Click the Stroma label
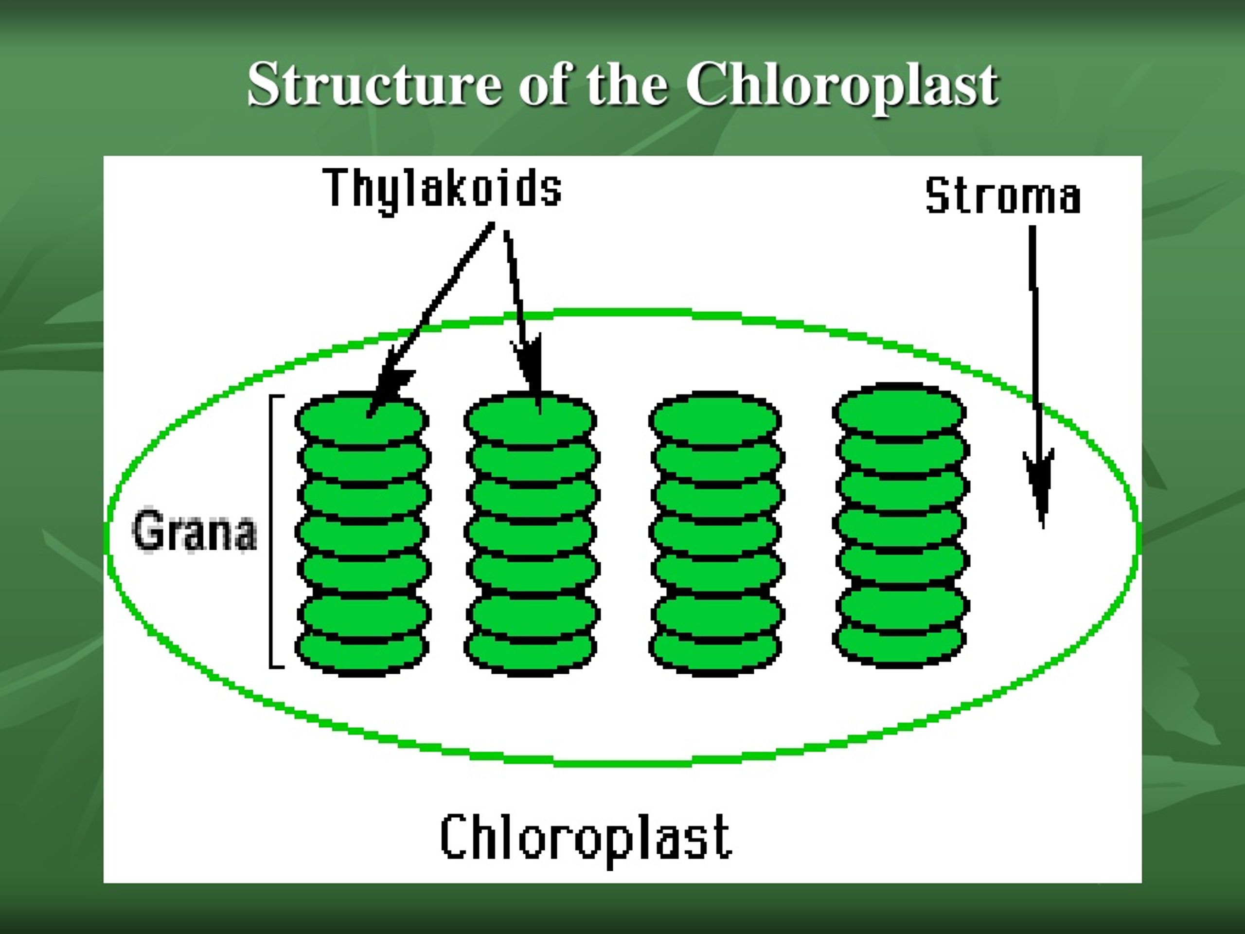click(x=1003, y=196)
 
